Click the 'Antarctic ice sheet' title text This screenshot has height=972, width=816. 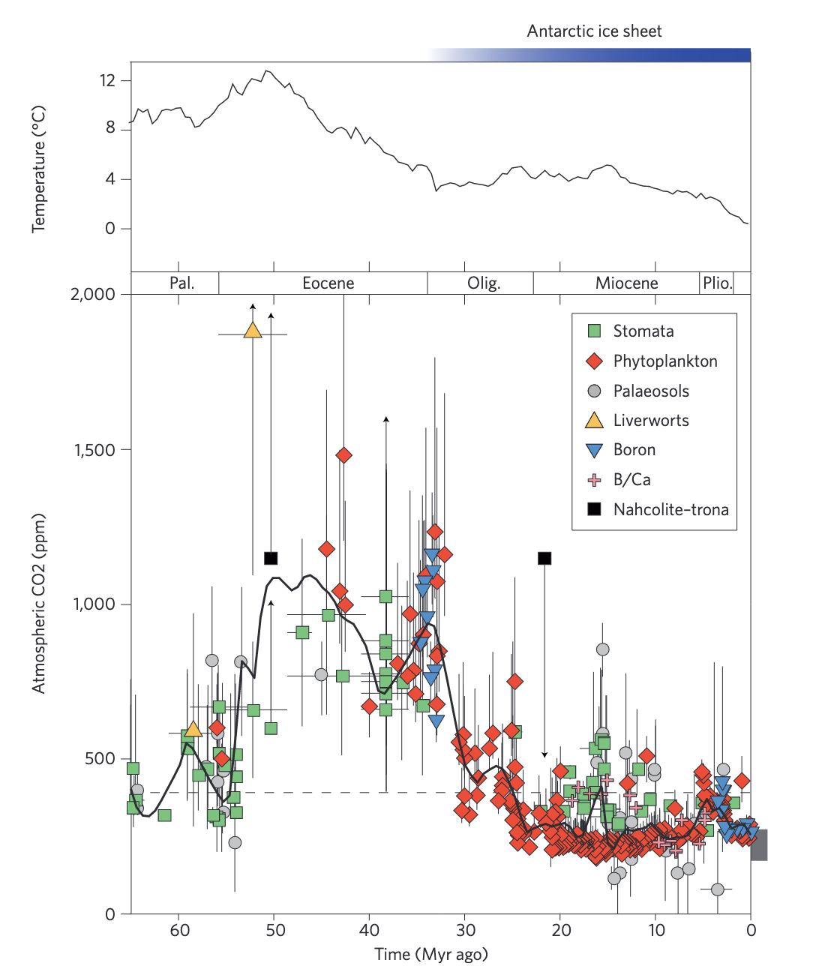[594, 31]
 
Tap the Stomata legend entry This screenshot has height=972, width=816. [643, 331]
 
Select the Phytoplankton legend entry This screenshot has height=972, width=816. [664, 361]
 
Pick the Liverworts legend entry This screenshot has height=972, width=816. [650, 421]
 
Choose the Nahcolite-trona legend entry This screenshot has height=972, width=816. [670, 510]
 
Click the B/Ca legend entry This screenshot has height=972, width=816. [631, 480]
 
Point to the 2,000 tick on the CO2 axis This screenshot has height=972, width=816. [94, 294]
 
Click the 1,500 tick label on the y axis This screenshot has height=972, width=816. [94, 450]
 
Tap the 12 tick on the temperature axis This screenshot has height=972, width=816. [108, 80]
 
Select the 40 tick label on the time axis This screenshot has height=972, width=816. [369, 931]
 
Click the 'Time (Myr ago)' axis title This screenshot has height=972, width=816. [431, 955]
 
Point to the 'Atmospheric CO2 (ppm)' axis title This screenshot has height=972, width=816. [38, 604]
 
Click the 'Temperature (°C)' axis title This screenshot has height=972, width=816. [38, 169]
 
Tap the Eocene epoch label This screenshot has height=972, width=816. [328, 283]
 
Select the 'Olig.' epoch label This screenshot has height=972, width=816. [484, 283]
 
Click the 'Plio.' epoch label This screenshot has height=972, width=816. [717, 283]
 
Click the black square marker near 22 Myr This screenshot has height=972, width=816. [545, 558]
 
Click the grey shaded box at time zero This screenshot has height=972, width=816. [759, 844]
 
